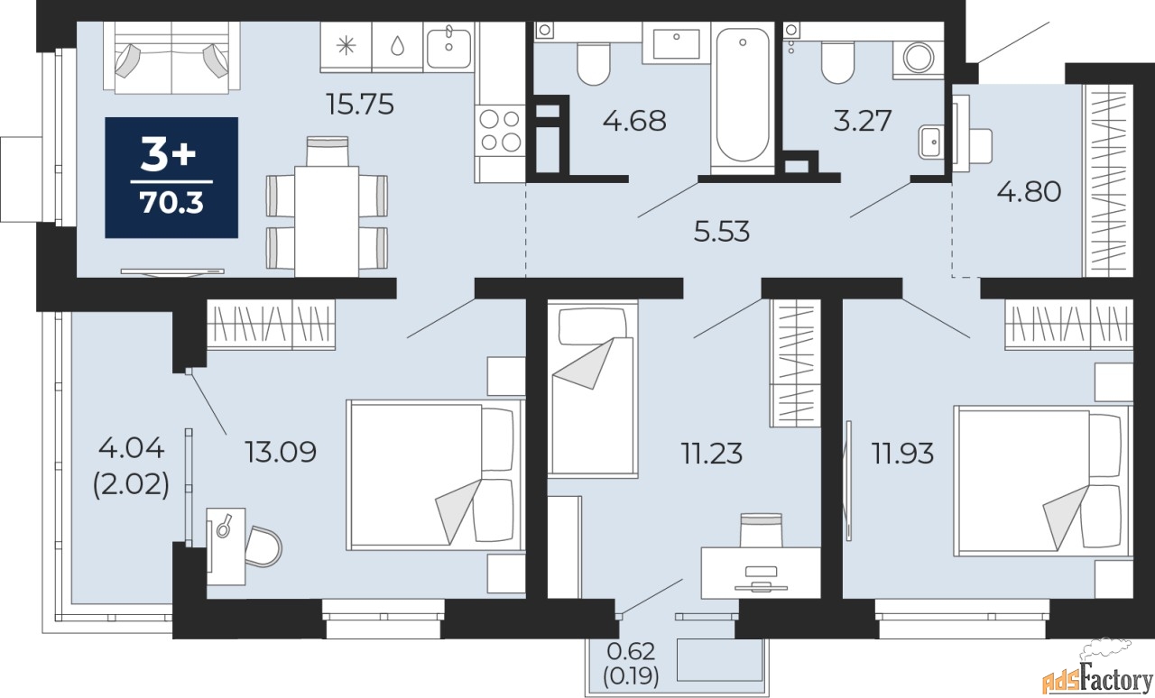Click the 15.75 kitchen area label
point(360,104)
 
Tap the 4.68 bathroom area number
point(634,121)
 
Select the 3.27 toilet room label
point(862,121)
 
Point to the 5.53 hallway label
point(721,232)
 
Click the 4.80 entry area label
point(1029,191)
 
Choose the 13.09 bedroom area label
point(280,452)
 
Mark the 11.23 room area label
point(712,454)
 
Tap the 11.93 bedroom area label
point(902,454)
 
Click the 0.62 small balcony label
point(631,652)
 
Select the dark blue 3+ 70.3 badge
point(171,178)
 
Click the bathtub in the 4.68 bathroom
point(743,95)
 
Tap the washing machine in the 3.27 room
point(918,58)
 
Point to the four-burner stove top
point(500,131)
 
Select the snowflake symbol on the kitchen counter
point(346,46)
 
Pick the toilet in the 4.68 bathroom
point(594,63)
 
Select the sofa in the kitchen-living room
point(171,58)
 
